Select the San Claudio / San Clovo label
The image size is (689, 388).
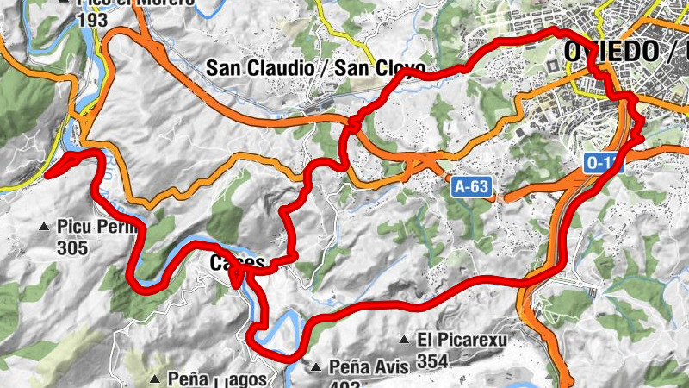pyautogui.click(x=316, y=67)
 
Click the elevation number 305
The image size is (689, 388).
pyautogui.click(x=74, y=248)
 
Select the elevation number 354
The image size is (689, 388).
pyautogui.click(x=433, y=360)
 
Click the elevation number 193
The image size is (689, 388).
pyautogui.click(x=93, y=19)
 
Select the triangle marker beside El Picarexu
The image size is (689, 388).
pyautogui.click(x=404, y=340)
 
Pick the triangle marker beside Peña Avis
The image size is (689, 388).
pyautogui.click(x=317, y=367)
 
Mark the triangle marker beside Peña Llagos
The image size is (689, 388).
pyautogui.click(x=155, y=379)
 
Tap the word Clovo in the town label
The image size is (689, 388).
pyautogui.click(x=398, y=67)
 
